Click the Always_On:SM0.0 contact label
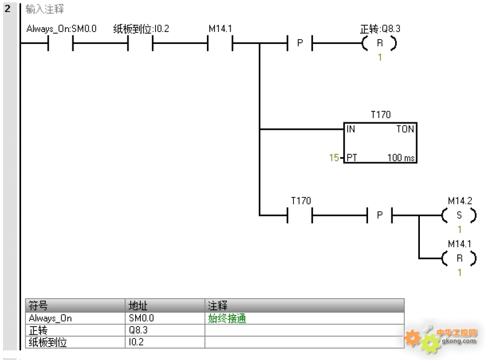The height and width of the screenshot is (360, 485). (62, 29)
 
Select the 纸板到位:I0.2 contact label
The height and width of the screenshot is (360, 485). (141, 29)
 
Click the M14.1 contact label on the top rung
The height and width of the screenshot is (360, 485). (220, 29)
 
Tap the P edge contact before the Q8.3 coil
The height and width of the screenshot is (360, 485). (300, 43)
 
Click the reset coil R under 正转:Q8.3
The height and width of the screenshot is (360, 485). (379, 43)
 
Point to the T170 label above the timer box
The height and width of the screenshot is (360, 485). (381, 115)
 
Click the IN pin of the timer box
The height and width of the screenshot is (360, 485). (350, 129)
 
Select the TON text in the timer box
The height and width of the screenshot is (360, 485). (405, 129)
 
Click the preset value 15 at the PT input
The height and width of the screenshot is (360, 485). (334, 158)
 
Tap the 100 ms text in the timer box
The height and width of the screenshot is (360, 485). (401, 158)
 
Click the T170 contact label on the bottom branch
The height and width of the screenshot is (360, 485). (301, 201)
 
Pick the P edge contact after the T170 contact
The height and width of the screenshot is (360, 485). (379, 215)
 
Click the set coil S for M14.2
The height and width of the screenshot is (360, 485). (459, 215)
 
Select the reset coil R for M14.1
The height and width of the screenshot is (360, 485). (459, 258)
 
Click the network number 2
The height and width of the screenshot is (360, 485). (7, 8)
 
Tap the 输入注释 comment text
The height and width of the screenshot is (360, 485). (45, 9)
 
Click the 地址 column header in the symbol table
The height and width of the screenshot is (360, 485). (138, 306)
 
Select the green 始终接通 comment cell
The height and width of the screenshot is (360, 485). (227, 318)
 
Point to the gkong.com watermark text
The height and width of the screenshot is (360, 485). (458, 341)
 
